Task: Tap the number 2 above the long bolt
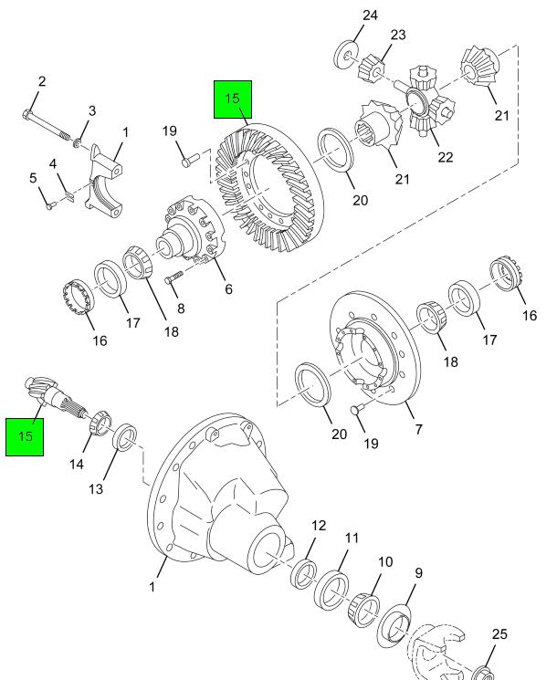(41, 82)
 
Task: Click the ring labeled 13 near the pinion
(126, 435)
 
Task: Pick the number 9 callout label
(418, 574)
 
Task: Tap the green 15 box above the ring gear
(232, 99)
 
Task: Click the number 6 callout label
(228, 289)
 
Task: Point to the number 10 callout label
(384, 562)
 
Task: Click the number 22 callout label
(445, 158)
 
